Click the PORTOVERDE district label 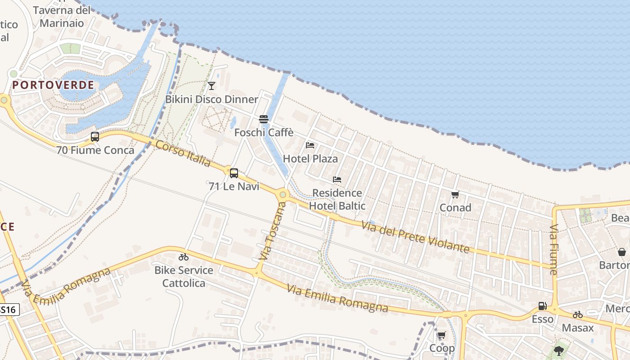(53, 85)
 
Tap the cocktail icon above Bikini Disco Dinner (211, 85)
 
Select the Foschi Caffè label (264, 132)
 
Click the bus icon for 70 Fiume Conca (94, 137)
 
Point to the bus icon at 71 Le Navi (234, 173)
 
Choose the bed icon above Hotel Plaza (310, 145)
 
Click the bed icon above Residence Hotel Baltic (337, 179)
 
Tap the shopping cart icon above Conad (455, 195)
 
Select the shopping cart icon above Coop (441, 335)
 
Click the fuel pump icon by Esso (542, 306)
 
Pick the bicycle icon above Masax (578, 315)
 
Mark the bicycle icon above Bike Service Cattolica (184, 257)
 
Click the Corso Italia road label (183, 153)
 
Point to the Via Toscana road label (273, 231)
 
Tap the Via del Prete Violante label (416, 236)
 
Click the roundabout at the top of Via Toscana (283, 195)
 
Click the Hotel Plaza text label (310, 158)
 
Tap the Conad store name (455, 207)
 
